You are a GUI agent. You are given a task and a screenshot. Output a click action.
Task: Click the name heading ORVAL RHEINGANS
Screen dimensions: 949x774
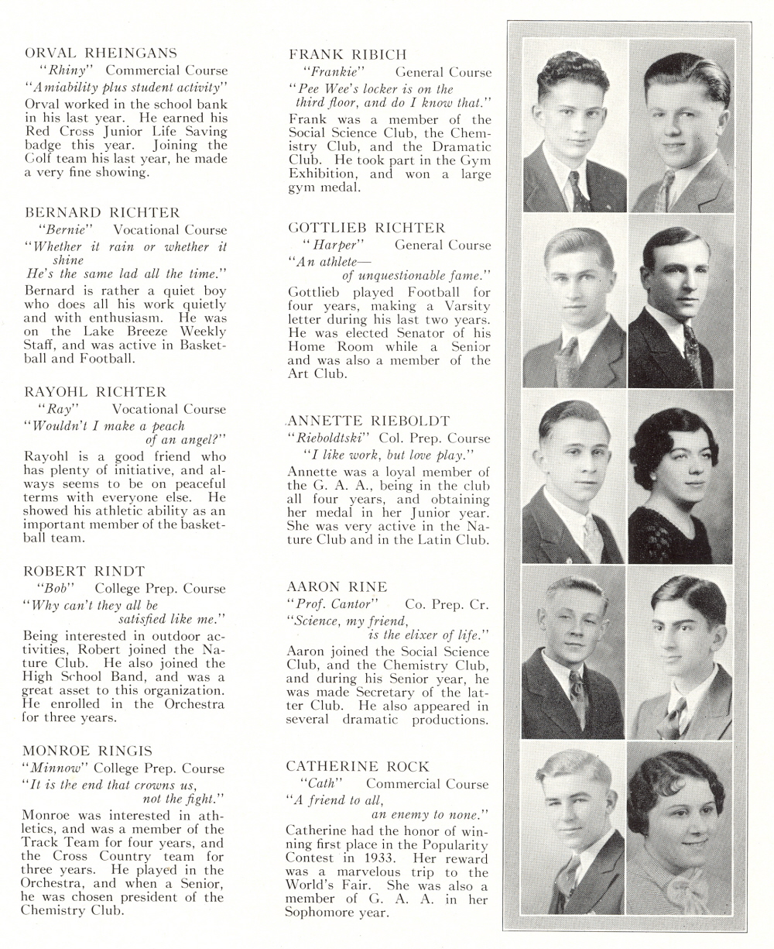101,53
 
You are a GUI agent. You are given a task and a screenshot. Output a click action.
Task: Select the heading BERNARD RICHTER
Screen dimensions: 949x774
102,212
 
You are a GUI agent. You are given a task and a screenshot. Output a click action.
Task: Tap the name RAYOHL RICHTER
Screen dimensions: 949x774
95,392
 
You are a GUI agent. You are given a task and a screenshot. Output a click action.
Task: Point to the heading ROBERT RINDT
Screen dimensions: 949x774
84,571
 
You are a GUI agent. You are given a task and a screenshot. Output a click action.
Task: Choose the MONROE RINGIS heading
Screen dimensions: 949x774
87,751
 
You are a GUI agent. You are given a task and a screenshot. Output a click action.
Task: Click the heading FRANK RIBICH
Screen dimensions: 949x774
348,54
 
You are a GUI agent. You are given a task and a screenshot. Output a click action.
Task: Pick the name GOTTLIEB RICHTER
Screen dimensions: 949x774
367,228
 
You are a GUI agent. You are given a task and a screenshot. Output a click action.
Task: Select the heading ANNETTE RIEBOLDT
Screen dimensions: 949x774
368,421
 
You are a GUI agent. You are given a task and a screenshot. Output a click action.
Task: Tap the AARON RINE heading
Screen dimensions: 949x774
337,586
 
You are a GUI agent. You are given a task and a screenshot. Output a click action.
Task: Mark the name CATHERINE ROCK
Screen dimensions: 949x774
358,766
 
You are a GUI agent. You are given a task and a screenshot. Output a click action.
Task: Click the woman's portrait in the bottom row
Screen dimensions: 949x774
680,829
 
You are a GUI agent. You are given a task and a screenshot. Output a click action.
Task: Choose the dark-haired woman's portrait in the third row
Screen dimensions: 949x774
680,476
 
